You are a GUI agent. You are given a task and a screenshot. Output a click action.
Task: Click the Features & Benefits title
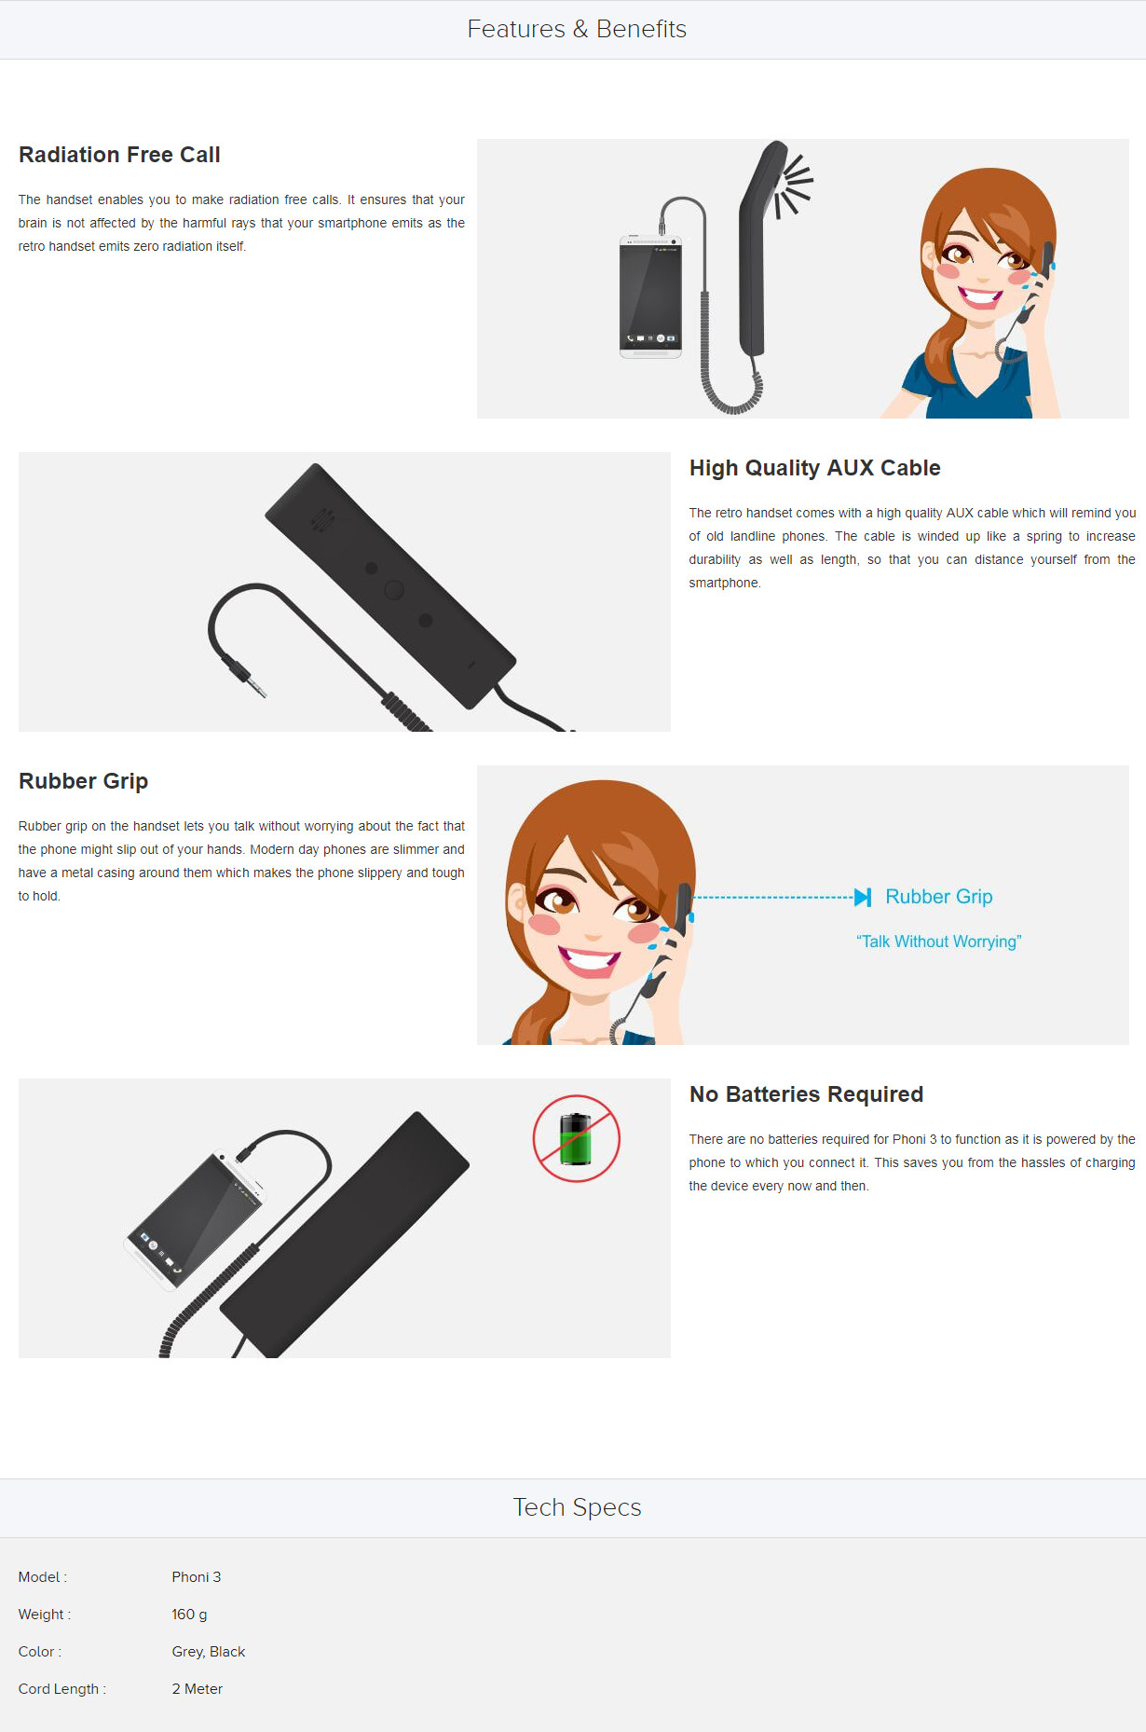(577, 29)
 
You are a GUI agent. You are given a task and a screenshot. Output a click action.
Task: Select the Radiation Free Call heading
(119, 155)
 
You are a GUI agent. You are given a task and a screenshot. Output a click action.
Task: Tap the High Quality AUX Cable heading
(814, 468)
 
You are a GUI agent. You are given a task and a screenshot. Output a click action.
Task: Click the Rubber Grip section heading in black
(83, 781)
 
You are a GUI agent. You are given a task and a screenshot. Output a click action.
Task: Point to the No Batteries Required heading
(806, 1094)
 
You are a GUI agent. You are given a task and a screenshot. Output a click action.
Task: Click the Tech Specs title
(577, 1507)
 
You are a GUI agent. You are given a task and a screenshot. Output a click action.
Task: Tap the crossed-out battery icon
(576, 1138)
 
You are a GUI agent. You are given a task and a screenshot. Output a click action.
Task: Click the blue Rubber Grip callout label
(938, 897)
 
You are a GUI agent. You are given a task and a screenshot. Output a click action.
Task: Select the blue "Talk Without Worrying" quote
(938, 942)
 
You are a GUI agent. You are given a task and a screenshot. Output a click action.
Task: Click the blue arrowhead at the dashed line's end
(863, 897)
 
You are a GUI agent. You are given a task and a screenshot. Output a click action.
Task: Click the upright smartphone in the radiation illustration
(650, 296)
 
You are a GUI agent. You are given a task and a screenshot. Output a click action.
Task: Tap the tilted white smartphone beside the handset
(195, 1221)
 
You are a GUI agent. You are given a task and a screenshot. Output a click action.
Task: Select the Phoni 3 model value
(196, 1576)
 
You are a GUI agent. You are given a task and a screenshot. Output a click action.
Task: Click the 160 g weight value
(189, 1614)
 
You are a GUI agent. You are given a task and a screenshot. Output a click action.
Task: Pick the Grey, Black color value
(208, 1651)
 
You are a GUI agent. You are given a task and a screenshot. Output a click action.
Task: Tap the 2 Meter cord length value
(197, 1688)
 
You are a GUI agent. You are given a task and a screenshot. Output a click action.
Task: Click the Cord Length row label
(61, 1688)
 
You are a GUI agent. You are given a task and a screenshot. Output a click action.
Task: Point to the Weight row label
(44, 1614)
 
